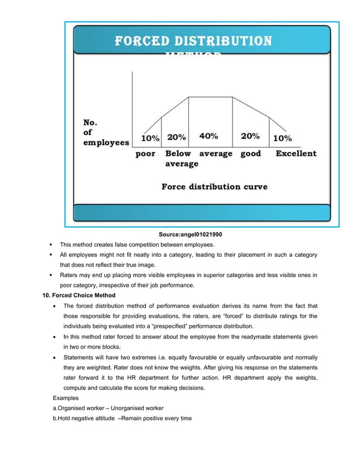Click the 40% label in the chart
click(x=209, y=137)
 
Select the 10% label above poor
click(x=150, y=138)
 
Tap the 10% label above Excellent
click(x=283, y=138)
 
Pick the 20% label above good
click(x=250, y=137)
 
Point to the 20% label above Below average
click(x=177, y=137)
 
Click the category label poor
click(x=146, y=153)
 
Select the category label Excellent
click(x=296, y=153)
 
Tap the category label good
click(x=251, y=153)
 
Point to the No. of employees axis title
click(x=106, y=132)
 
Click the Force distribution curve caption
click(x=214, y=186)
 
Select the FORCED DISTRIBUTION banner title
click(x=193, y=41)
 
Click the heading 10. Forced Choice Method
click(x=79, y=295)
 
